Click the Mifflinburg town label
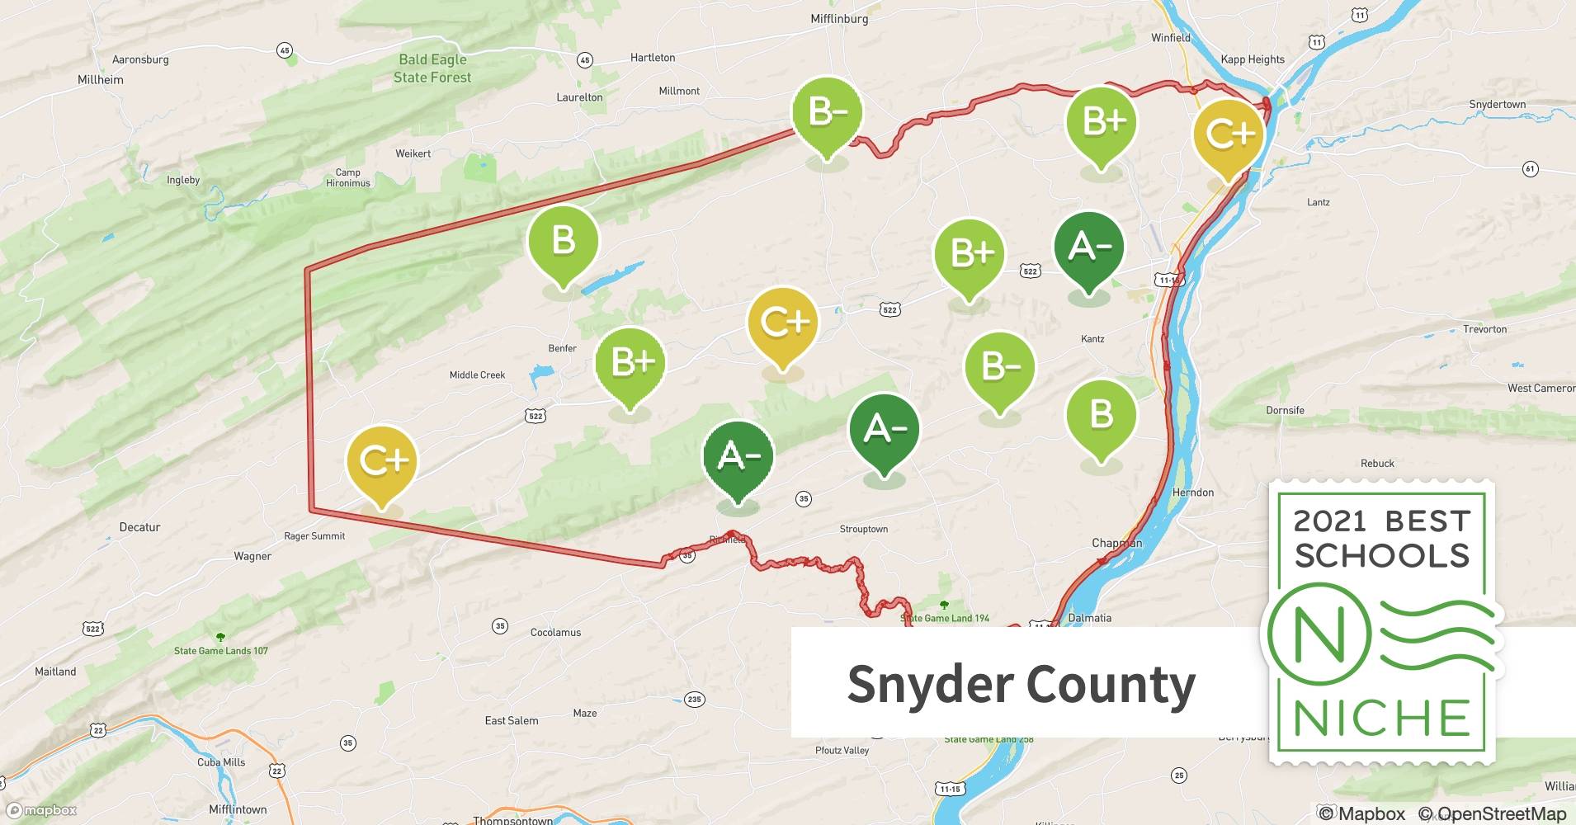[x=839, y=18]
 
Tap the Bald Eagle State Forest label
[x=432, y=68]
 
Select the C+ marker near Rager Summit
[x=382, y=462]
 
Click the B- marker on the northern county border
[x=827, y=113]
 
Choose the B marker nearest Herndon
[x=1102, y=416]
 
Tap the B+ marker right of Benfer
[x=630, y=364]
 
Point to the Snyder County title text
[x=1021, y=685]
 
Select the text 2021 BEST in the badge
[x=1382, y=521]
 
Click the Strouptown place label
[x=864, y=529]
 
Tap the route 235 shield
[x=694, y=699]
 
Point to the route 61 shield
[x=1530, y=169]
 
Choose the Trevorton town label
[x=1484, y=329]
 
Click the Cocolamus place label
[x=555, y=633]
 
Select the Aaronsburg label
[x=140, y=59]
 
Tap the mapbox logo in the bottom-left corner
[x=43, y=810]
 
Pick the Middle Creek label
[x=477, y=375]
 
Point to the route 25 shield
[x=1179, y=775]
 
